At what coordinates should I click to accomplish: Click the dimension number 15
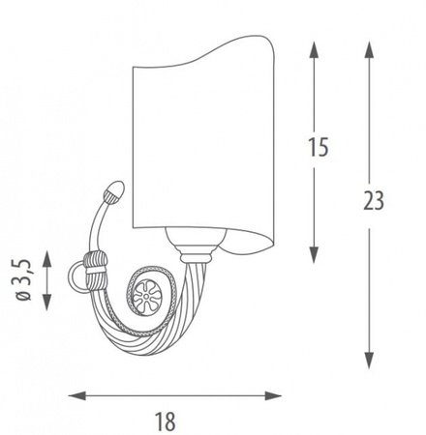coord(319,147)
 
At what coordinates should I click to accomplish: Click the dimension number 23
coord(374,200)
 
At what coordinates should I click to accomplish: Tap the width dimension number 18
coord(166,421)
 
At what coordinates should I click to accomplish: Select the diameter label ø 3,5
coord(24,279)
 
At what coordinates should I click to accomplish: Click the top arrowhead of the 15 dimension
coord(314,49)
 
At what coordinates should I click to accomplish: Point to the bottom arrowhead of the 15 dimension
coord(314,255)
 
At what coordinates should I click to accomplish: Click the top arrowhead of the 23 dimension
coord(369,49)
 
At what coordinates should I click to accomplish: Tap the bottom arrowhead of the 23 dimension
coord(369,361)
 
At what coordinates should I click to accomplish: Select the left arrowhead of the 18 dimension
coord(77,395)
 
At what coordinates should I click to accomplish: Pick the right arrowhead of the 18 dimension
coord(273,395)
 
